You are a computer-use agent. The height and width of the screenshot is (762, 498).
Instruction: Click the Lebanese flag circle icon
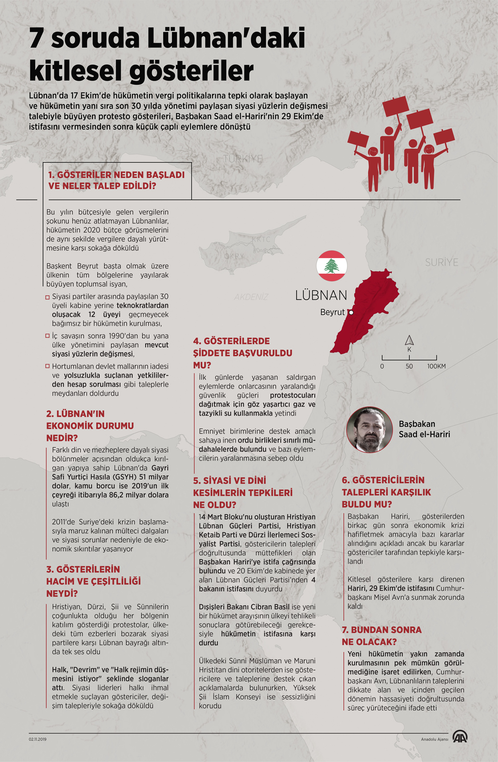[332, 266]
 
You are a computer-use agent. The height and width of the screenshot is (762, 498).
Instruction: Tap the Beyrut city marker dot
[351, 313]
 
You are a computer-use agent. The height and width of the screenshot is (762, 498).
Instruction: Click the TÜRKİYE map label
[243, 159]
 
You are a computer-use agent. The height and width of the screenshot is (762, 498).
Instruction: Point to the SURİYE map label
[441, 262]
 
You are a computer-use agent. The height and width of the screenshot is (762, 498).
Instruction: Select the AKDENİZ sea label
[251, 297]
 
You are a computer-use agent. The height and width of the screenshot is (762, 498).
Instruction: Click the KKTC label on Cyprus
[261, 239]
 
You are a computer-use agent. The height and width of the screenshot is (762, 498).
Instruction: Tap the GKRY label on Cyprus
[234, 256]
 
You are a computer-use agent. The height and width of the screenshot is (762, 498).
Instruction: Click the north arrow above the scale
[409, 341]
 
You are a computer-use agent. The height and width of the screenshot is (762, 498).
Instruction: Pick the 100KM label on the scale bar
[436, 366]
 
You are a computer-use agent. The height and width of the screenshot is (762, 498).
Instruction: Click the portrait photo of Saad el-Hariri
[369, 430]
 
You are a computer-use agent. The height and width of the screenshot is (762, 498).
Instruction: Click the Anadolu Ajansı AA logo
[460, 737]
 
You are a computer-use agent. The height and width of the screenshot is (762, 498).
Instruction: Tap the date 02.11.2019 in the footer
[38, 739]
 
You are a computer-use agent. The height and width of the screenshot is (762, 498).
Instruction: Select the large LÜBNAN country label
[321, 295]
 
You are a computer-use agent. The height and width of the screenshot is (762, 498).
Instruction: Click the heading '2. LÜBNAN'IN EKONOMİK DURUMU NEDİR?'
[90, 426]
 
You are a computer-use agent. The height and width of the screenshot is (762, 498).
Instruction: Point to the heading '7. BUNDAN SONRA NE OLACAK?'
[382, 636]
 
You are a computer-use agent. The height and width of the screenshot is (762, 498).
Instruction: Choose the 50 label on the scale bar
[409, 366]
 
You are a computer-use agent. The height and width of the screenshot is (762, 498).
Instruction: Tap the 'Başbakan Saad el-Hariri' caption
[424, 429]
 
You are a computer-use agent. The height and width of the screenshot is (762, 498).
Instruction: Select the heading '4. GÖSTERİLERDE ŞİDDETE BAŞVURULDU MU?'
[242, 353]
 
